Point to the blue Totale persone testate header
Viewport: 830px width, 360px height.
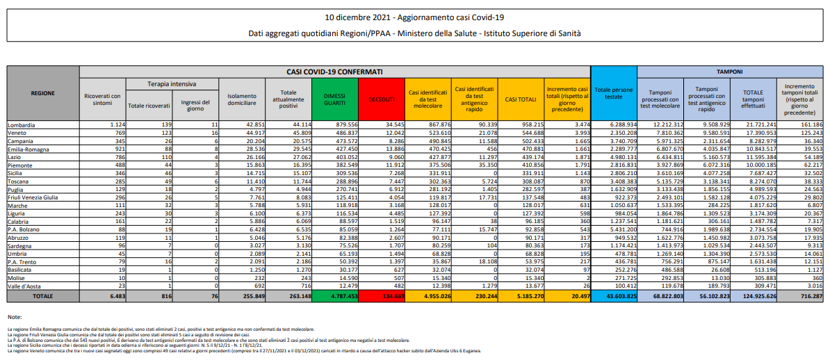(x=613, y=94)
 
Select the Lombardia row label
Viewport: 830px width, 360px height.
(x=22, y=124)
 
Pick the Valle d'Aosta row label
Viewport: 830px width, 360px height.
(x=26, y=286)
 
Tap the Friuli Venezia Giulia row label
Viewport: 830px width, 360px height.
(x=35, y=197)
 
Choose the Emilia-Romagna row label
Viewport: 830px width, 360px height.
(x=29, y=148)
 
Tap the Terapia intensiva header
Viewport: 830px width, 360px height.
(x=171, y=83)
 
